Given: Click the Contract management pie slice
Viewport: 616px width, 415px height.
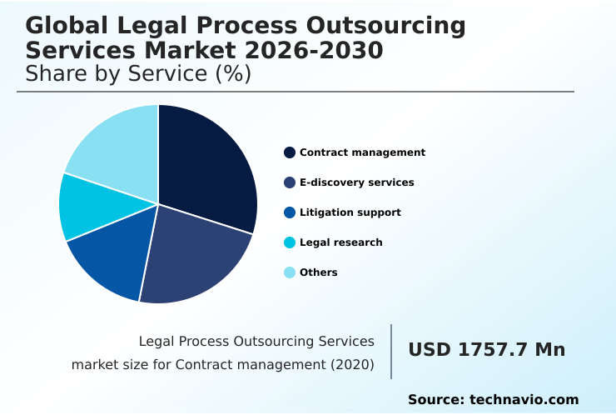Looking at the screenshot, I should (x=208, y=167).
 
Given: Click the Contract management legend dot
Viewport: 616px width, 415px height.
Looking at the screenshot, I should (x=290, y=152).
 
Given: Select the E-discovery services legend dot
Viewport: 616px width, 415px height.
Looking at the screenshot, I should (x=290, y=182).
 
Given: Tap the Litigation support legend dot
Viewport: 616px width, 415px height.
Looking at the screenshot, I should (x=290, y=212).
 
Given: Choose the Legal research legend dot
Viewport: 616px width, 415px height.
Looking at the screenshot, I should (x=290, y=242).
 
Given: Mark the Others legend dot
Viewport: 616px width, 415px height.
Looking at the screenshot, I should (x=290, y=272).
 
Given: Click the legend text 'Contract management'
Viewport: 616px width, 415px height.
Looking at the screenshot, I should (x=362, y=152).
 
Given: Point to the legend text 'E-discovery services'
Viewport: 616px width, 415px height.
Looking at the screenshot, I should (x=356, y=182).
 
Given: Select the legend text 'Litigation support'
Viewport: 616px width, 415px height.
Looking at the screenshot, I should (x=350, y=212).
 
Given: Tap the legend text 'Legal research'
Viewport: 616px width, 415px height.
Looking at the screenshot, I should (x=340, y=242).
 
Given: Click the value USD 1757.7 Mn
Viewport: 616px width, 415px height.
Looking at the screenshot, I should (x=486, y=350).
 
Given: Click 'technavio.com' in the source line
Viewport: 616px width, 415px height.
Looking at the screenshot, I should (x=524, y=400).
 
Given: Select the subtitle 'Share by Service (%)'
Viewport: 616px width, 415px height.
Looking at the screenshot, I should (x=138, y=74).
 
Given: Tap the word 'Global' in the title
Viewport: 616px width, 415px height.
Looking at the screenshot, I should (x=67, y=26).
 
